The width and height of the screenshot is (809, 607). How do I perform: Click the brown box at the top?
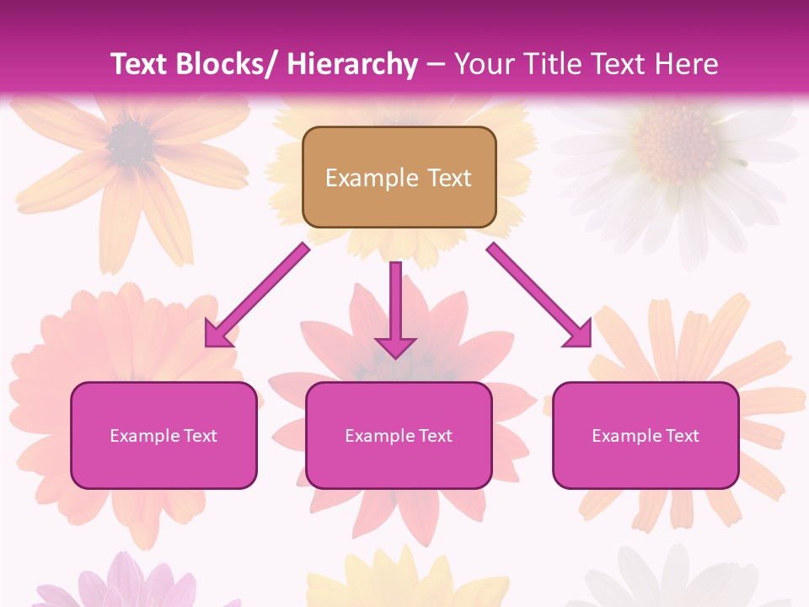pos(399,177)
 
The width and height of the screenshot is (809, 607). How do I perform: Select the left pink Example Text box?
pos(163,435)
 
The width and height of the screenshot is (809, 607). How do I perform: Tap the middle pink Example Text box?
pos(399,435)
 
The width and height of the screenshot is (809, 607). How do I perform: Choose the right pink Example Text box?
pos(646,435)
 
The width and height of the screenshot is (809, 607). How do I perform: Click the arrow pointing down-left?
pos(256,295)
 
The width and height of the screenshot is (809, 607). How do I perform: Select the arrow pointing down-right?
pos(539,295)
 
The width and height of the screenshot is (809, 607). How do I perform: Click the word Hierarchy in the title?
pos(351,64)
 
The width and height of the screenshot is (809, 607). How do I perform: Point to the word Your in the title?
pos(482,64)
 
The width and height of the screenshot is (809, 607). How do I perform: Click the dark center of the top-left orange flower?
pos(130,142)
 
